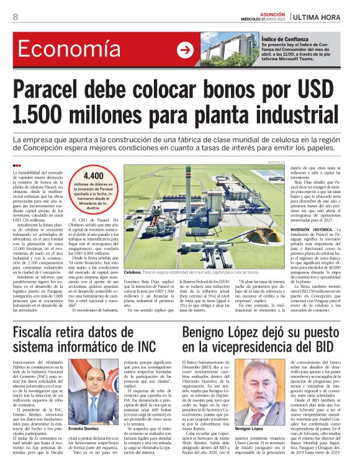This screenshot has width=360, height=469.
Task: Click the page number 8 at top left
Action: pos(15,17)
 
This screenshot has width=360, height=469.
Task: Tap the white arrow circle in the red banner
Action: pos(185,50)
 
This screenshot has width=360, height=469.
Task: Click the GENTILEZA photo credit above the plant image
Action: pos(276,163)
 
